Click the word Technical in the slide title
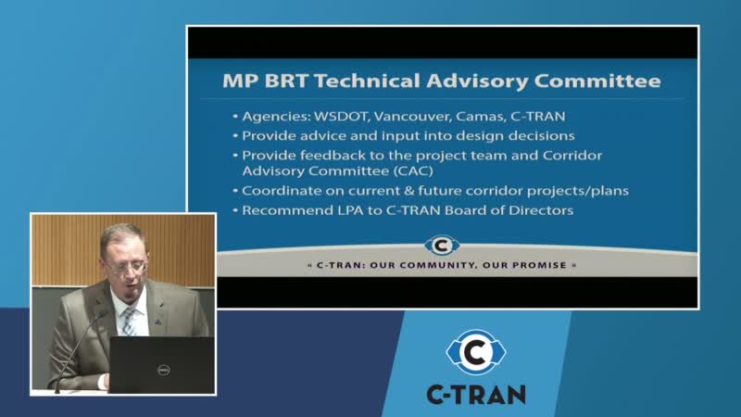[x=367, y=81]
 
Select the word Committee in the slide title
[x=597, y=81]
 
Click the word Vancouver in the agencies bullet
[x=411, y=117]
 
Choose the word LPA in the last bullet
[x=350, y=210]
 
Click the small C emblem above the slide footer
[x=442, y=246]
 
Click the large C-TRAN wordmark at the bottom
[x=476, y=395]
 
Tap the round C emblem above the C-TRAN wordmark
[x=476, y=352]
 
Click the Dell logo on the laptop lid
[x=164, y=370]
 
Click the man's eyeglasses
[x=126, y=268]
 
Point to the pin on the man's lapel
[x=158, y=322]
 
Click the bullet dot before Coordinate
[x=235, y=191]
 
